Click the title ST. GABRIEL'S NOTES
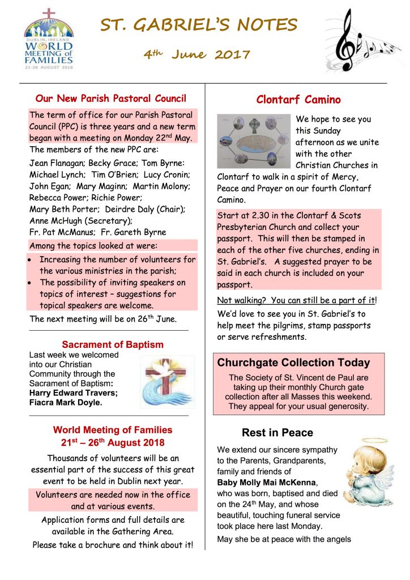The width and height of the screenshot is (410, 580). point(199,25)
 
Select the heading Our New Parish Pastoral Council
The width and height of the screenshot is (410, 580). point(111,99)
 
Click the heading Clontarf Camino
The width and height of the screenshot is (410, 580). point(298,100)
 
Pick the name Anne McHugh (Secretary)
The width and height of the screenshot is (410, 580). point(81,220)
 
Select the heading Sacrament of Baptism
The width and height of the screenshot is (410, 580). point(113,344)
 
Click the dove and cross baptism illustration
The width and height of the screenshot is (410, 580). point(168,382)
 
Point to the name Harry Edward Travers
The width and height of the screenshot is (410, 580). point(74,393)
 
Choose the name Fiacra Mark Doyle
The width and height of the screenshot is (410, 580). point(65,402)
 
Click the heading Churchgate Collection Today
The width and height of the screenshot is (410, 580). point(293,362)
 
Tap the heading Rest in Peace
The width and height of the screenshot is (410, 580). point(277,433)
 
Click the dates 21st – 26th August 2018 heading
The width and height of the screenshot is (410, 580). point(113,442)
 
